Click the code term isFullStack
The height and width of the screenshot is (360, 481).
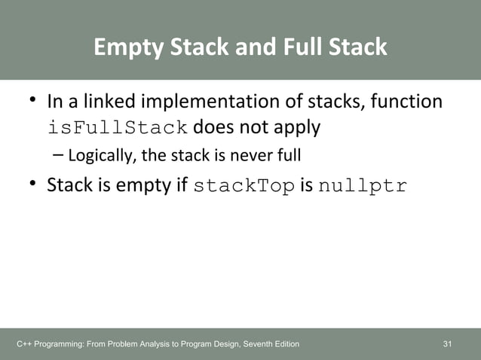click(x=118, y=127)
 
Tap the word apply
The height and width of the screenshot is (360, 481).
click(x=296, y=127)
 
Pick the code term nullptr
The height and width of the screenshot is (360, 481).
click(x=363, y=185)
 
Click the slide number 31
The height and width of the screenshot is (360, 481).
click(x=448, y=344)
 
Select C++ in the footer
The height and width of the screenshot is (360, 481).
click(x=25, y=344)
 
